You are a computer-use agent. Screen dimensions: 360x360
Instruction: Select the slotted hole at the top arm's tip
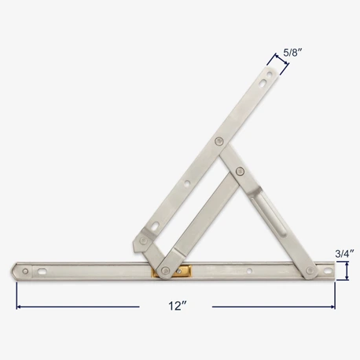(271, 75)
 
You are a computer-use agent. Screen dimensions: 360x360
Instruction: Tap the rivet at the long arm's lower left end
(144, 239)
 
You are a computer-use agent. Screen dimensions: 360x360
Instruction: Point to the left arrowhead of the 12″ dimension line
(19, 306)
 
